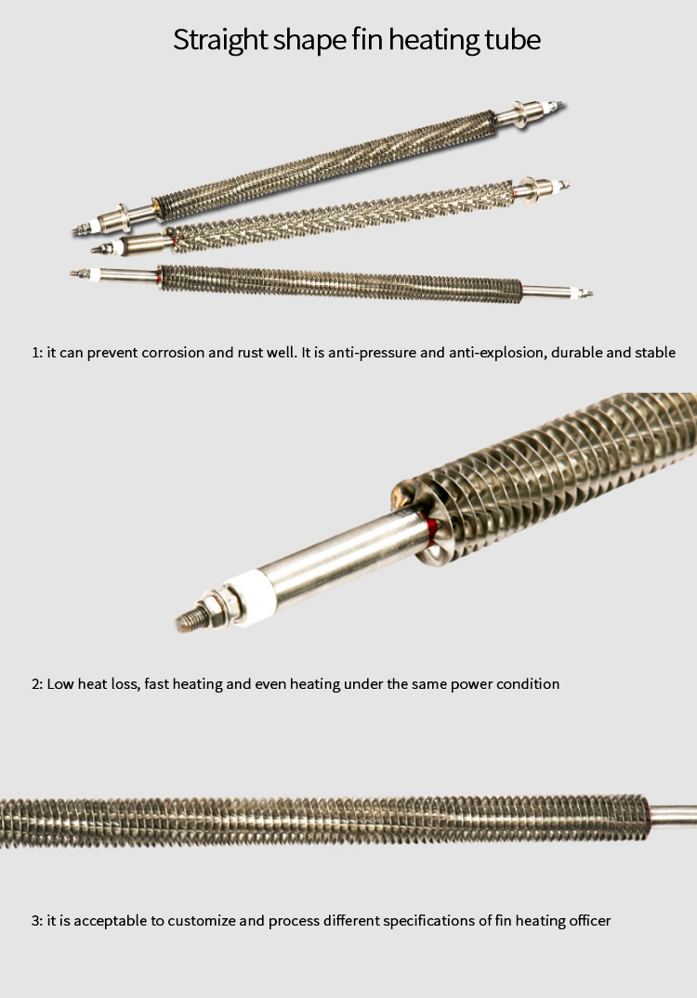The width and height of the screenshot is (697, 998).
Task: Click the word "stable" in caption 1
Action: [653, 353]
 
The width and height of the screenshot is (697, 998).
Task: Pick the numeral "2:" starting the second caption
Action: [37, 684]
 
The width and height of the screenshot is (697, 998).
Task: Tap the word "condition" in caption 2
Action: [527, 684]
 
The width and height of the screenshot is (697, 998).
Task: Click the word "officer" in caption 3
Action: [585, 921]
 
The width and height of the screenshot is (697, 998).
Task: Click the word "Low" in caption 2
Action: [60, 684]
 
